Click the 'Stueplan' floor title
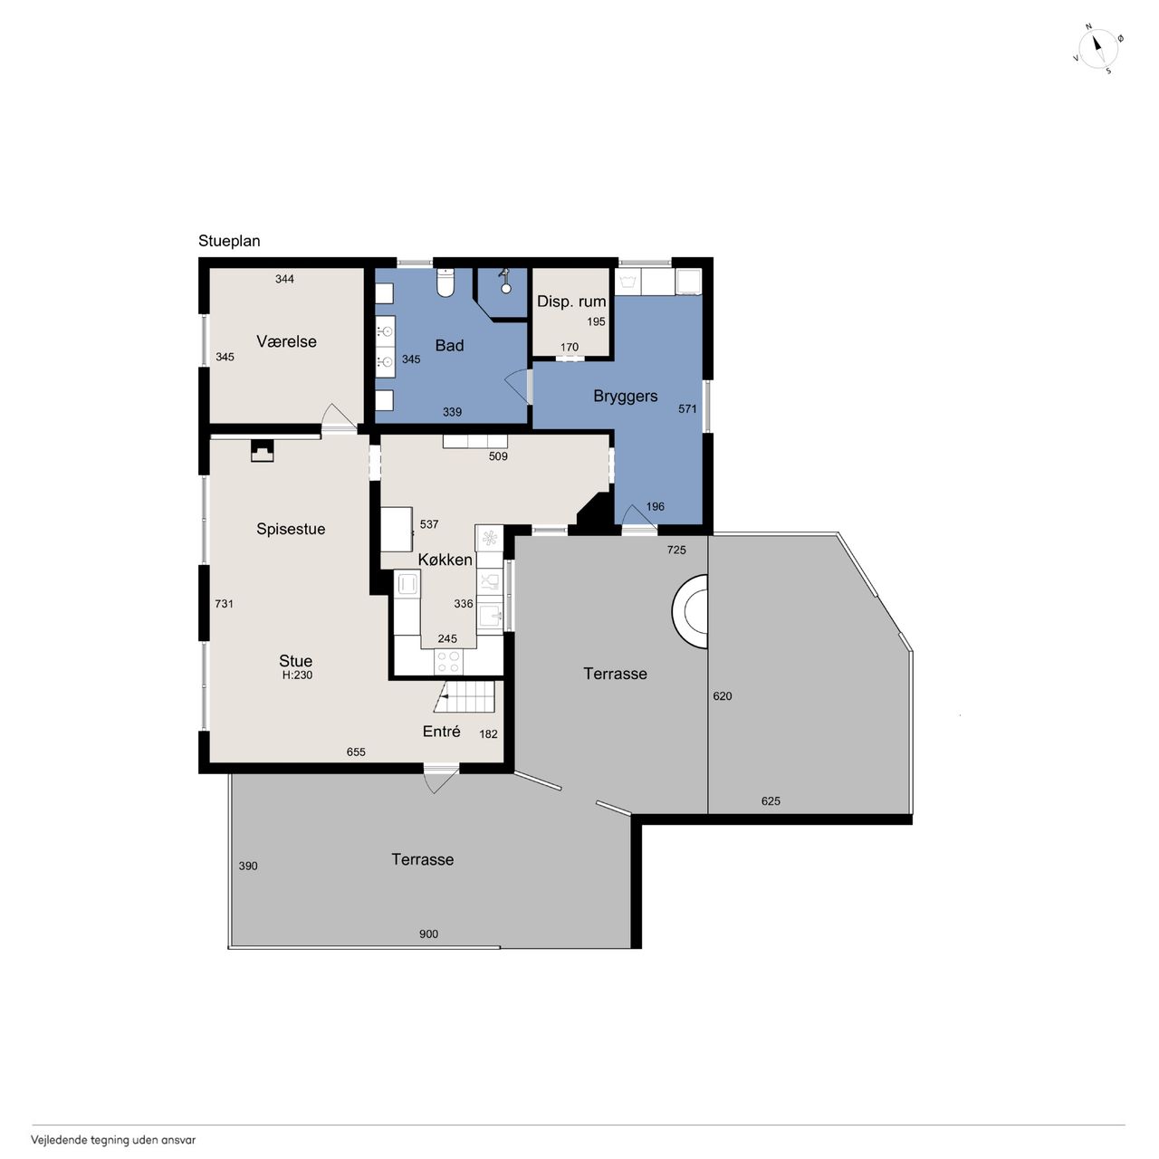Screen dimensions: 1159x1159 click(x=229, y=241)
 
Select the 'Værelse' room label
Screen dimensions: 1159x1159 click(x=286, y=341)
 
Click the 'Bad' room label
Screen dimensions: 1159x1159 click(x=449, y=345)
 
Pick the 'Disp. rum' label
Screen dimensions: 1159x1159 click(x=571, y=302)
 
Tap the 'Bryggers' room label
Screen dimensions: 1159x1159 click(x=626, y=396)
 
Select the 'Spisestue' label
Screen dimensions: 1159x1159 click(x=291, y=529)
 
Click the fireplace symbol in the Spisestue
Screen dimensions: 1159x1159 click(x=262, y=451)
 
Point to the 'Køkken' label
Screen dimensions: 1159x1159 click(x=445, y=560)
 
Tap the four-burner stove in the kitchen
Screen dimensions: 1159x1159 click(x=448, y=662)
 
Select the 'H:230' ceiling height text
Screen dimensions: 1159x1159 click(x=297, y=675)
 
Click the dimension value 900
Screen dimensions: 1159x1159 click(x=428, y=934)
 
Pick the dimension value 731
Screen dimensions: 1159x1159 click(x=224, y=603)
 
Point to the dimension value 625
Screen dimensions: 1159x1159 click(x=771, y=800)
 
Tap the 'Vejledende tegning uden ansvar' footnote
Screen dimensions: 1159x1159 click(x=113, y=1140)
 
